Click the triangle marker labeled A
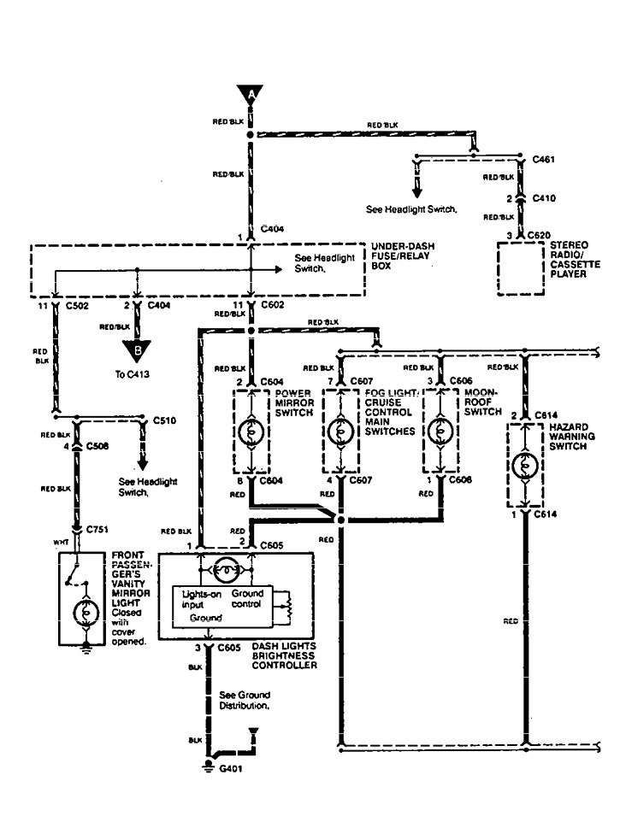tap(251, 94)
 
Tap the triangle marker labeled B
tap(134, 350)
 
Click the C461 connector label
tap(543, 159)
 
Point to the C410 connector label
tap(543, 197)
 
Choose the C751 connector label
tap(97, 530)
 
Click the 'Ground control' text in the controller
tap(247, 598)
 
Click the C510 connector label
tap(164, 421)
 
